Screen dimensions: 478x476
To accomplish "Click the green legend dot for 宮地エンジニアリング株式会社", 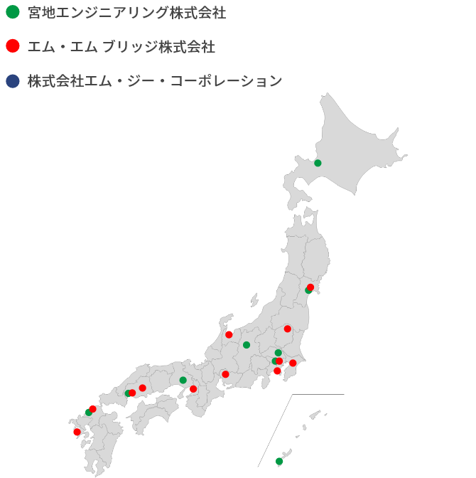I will click(12, 12).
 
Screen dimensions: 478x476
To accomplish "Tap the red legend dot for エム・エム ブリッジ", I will click(12, 46).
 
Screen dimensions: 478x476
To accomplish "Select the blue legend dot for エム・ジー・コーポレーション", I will click(12, 81).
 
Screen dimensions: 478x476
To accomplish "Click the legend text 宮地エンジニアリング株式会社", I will click(127, 13).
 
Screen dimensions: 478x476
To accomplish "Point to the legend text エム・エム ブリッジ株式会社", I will click(121, 47).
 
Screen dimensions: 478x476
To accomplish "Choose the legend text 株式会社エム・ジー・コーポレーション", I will click(155, 81).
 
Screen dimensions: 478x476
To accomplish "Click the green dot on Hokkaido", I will click(318, 163).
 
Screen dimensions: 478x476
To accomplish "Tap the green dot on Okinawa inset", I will click(279, 461).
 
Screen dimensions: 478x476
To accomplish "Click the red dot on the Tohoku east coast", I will click(310, 287).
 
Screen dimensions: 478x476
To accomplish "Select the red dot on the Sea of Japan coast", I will click(229, 334).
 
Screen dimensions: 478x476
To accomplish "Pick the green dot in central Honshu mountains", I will click(247, 345).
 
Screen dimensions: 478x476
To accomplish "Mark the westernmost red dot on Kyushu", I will click(77, 432).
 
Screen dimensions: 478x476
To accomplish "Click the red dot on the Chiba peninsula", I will click(293, 363).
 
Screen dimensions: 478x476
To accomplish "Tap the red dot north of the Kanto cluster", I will click(288, 329).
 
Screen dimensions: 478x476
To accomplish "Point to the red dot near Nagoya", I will click(225, 374).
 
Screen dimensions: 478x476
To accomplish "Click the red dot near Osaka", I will click(193, 389).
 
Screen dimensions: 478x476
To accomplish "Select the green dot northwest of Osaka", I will click(183, 380).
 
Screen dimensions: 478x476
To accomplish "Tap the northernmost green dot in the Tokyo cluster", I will click(278, 353).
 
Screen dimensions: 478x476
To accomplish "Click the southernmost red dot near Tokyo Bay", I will click(277, 371).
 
